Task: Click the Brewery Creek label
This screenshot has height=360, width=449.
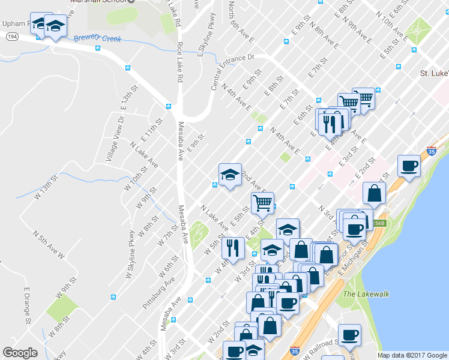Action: (x=98, y=39)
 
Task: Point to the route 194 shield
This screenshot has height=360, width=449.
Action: (x=11, y=37)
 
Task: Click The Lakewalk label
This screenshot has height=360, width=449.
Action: (x=358, y=294)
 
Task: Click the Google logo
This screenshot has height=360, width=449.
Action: (x=20, y=353)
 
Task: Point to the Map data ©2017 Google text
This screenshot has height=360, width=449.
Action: (x=412, y=355)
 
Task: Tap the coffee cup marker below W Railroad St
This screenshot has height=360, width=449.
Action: (x=349, y=334)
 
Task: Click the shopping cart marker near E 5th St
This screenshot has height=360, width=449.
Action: (x=262, y=203)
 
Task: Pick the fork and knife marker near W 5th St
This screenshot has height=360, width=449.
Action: (x=232, y=247)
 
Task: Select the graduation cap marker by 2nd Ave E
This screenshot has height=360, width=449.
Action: (x=230, y=175)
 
